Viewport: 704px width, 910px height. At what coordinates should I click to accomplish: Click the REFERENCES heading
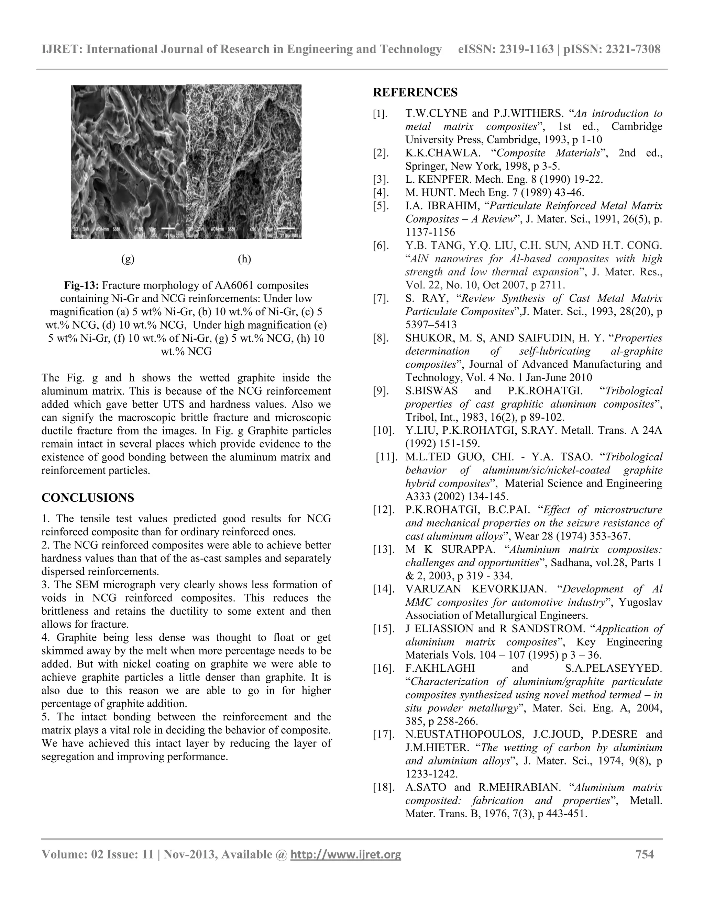pos(415,92)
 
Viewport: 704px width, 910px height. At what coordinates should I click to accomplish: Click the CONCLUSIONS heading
pos(88,498)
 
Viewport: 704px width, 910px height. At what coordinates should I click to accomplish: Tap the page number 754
pos(645,855)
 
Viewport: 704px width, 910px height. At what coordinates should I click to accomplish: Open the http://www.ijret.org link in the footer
pos(345,855)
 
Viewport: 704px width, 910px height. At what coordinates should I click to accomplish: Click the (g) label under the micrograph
pos(128,259)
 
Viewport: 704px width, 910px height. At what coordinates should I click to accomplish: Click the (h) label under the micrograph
pos(244,259)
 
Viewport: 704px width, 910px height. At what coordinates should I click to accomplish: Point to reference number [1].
pos(381,114)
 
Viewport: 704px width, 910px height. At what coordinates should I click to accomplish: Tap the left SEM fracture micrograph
pos(129,162)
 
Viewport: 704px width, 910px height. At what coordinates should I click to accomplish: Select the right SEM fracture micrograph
pos(244,162)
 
